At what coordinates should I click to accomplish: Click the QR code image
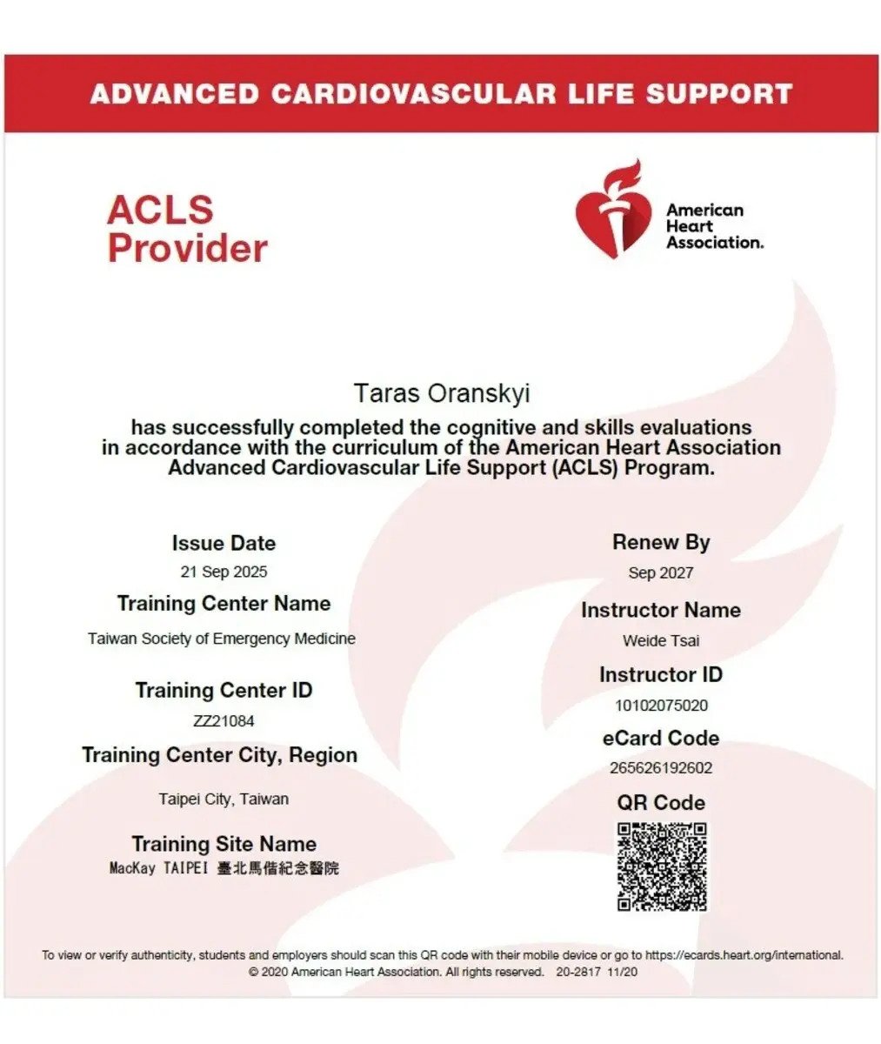[662, 867]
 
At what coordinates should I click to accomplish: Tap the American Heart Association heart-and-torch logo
[613, 210]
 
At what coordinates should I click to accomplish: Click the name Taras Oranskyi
[441, 393]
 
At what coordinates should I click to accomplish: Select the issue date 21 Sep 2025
[224, 572]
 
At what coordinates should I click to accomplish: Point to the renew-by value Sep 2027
[661, 572]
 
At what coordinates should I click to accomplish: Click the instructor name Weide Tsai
[661, 640]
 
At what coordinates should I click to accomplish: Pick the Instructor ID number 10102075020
[661, 705]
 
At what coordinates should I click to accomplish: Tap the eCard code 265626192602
[661, 767]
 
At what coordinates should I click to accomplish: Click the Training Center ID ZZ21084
[224, 720]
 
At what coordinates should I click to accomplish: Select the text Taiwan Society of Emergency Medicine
[222, 639]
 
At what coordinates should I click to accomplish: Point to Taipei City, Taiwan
[224, 799]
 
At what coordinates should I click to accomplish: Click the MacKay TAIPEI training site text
[224, 868]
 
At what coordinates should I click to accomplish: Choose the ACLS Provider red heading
[187, 229]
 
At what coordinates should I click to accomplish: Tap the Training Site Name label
[224, 843]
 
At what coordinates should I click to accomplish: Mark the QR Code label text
[661, 802]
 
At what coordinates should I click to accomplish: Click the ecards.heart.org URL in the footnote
[744, 955]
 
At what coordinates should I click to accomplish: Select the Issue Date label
[224, 543]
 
